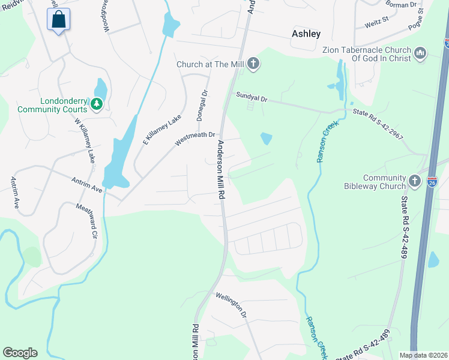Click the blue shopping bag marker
58,20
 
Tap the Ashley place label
306,34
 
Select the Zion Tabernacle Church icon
420,54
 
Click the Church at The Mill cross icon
253,64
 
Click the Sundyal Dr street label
252,95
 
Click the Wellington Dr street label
232,305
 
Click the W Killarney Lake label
85,140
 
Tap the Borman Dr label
401,4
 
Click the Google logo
20,353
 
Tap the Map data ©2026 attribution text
423,355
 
